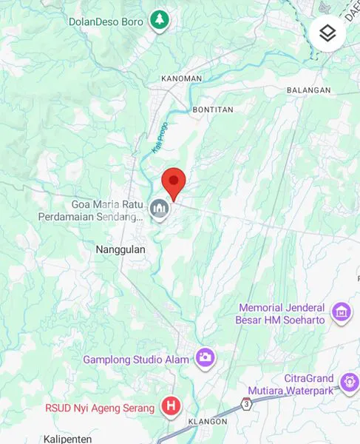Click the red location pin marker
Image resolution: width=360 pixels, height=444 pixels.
click(x=173, y=182)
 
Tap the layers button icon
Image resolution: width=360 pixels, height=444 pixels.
click(x=327, y=33)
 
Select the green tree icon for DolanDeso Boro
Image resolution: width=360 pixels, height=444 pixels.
click(x=158, y=21)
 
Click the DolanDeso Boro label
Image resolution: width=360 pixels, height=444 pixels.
click(x=106, y=21)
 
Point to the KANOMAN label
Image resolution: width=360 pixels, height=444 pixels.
click(x=181, y=78)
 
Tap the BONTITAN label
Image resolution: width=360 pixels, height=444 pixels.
click(x=212, y=110)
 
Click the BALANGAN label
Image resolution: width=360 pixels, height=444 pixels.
click(x=308, y=90)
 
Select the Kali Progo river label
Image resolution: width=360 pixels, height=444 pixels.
click(x=159, y=138)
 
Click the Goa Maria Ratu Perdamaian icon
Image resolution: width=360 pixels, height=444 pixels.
click(x=159, y=211)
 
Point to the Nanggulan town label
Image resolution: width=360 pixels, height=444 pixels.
click(x=120, y=250)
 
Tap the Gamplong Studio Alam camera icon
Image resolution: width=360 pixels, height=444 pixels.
click(x=206, y=358)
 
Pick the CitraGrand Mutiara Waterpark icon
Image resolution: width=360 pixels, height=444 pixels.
click(x=349, y=382)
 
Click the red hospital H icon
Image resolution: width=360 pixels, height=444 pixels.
click(x=171, y=406)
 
